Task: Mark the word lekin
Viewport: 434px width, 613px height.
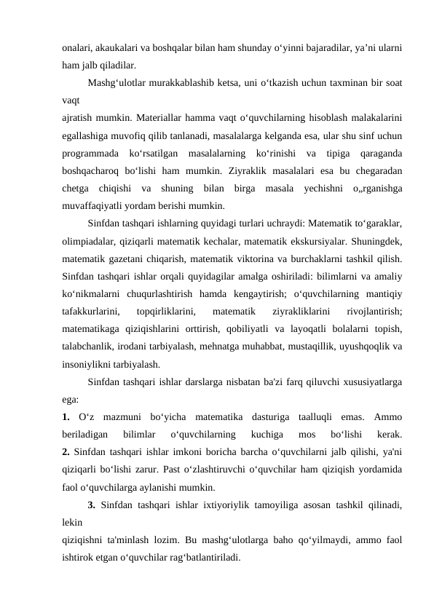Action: pos(72,520)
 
